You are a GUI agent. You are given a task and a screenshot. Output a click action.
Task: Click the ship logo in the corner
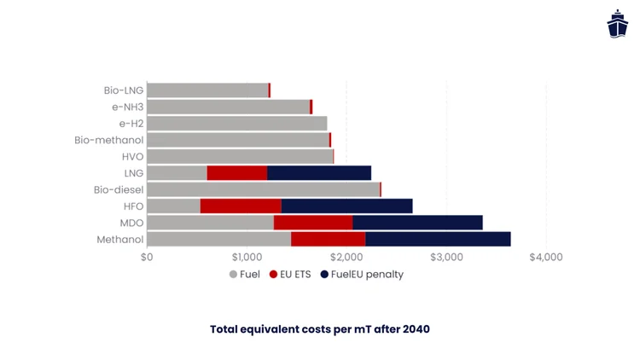617,24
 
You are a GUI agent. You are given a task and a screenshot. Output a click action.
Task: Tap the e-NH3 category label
126,107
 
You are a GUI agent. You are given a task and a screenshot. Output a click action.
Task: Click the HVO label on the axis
132,157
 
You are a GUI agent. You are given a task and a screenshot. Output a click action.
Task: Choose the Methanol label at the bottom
119,240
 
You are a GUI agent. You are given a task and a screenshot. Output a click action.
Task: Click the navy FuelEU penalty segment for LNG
319,173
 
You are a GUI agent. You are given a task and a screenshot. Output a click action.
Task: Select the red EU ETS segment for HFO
241,206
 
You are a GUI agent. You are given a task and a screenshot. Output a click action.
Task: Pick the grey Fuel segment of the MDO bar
210,223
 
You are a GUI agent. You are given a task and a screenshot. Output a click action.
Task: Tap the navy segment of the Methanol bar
438,240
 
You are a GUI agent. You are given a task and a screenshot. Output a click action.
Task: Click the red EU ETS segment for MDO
313,223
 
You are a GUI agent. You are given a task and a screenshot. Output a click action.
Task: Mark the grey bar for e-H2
236,124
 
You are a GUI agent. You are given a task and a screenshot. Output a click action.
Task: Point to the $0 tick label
147,257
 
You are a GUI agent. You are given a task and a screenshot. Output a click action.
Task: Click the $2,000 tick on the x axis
346,257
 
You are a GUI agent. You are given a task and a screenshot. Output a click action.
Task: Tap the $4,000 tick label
546,257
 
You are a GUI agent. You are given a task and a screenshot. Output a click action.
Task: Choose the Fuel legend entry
244,275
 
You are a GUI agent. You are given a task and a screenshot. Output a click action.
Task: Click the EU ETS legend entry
290,275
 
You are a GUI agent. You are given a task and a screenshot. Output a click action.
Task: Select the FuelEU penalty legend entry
362,275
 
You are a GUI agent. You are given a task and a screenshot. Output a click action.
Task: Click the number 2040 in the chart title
415,328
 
